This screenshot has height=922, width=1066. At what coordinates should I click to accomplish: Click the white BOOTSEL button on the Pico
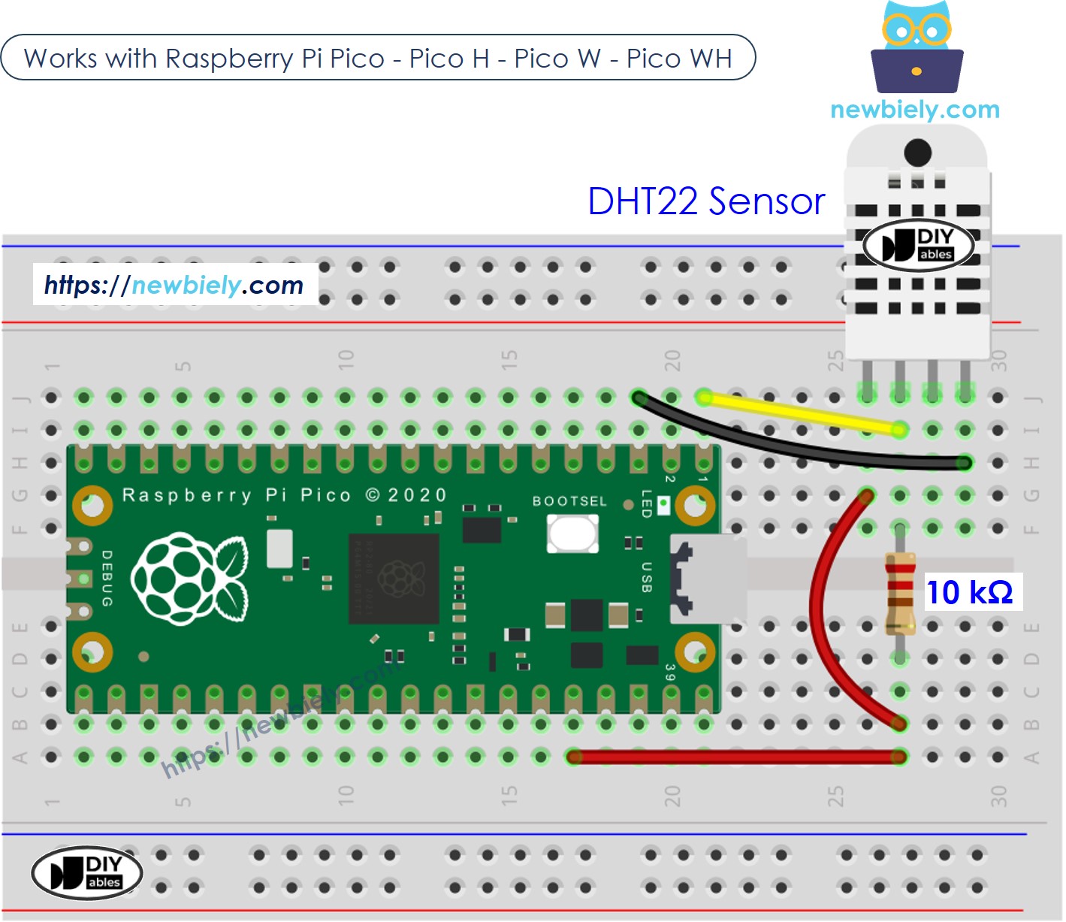572,534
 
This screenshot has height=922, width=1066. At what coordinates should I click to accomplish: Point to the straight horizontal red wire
736,757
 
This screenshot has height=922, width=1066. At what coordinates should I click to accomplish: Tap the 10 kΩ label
970,592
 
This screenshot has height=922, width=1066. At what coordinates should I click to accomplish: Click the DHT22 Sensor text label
706,201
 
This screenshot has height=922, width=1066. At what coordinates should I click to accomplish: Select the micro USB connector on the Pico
706,579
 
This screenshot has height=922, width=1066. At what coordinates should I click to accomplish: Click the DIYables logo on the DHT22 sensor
918,245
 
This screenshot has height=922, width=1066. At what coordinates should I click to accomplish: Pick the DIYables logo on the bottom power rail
87,873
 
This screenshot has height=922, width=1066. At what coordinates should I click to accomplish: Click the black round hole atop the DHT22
917,153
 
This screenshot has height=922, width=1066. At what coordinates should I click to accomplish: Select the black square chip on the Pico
394,579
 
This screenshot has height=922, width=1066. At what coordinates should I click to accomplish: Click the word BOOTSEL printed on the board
569,501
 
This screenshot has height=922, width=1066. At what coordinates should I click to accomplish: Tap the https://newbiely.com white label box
175,285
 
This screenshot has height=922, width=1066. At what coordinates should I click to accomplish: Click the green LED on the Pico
663,505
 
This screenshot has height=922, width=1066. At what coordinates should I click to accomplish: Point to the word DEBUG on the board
107,579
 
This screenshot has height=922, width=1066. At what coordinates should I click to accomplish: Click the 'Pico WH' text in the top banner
679,59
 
